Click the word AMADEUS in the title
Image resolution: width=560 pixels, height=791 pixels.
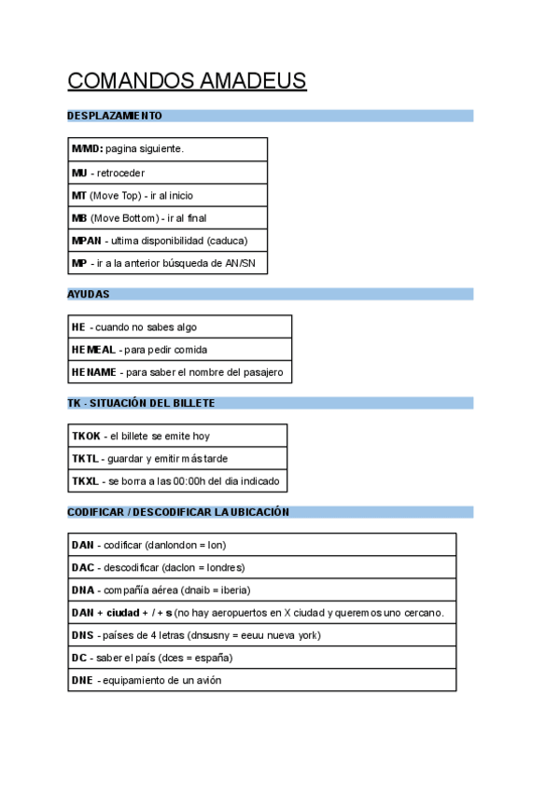point(253,81)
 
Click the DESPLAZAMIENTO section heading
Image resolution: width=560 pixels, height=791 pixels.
point(115,116)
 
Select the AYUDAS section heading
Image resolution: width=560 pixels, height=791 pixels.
point(89,294)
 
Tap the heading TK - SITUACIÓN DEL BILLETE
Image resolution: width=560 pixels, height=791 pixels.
point(141,403)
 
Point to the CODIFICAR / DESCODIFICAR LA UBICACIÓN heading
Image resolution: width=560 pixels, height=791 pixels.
point(178,512)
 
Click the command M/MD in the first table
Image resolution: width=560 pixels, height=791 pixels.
point(87,149)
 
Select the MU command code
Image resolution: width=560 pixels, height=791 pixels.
point(79,173)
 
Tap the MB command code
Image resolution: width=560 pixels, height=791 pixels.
point(79,218)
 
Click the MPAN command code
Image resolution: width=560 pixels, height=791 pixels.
point(87,241)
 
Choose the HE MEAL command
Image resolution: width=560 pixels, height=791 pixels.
point(93,350)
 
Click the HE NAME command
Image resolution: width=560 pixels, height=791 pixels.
point(94,372)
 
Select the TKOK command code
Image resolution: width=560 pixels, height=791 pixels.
point(86,436)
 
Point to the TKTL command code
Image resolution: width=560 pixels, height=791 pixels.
point(85,459)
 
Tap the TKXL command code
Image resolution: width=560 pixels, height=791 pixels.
point(85,481)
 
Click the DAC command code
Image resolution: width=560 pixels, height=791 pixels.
point(82,567)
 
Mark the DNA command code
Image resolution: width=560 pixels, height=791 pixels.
point(82,590)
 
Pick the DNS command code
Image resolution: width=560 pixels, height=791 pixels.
point(82,635)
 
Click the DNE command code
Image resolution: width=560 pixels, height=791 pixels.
point(82,680)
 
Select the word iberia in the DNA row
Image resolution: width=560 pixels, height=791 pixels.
point(233,590)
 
